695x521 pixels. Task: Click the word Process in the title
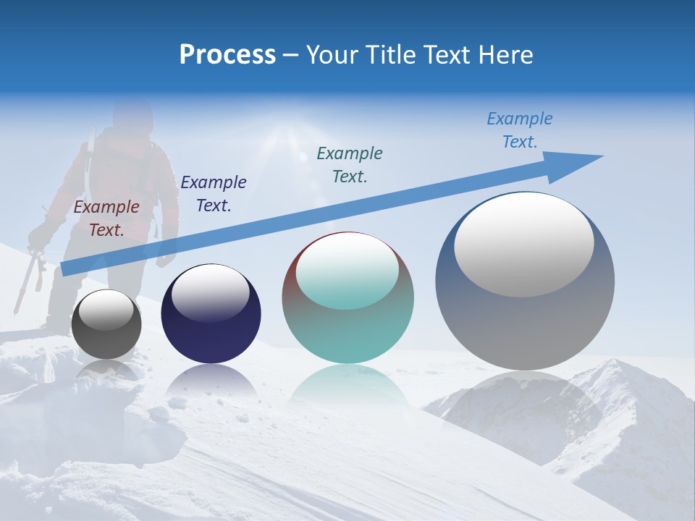point(227,55)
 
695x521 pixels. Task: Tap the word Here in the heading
point(506,55)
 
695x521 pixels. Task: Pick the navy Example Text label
point(213,194)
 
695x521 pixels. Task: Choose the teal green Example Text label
point(350,164)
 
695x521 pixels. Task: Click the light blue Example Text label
point(520,130)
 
